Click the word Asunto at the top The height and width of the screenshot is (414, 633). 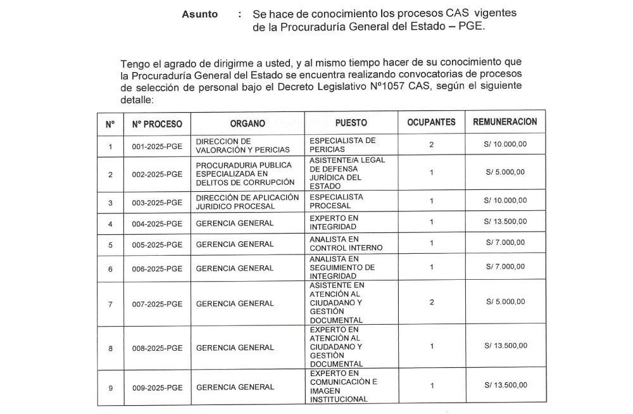tap(200, 14)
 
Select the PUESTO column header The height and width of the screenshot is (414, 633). tap(351, 123)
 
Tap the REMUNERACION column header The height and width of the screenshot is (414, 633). tap(505, 122)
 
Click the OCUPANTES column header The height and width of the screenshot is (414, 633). tap(431, 123)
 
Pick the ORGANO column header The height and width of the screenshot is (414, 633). tap(248, 123)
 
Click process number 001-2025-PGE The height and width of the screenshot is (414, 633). tap(157, 146)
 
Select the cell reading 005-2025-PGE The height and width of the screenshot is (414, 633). tap(157, 244)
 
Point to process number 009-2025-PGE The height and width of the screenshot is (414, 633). tap(157, 387)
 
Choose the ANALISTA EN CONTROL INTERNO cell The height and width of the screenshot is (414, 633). tap(342, 244)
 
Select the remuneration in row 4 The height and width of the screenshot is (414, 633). tap(505, 222)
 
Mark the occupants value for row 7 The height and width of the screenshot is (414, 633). tap(431, 303)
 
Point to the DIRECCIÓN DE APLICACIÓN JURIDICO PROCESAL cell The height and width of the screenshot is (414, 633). tap(247, 201)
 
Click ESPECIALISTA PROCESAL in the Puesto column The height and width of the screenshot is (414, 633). tap(336, 201)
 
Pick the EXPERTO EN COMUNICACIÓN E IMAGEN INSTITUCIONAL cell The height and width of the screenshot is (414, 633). tap(343, 386)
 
